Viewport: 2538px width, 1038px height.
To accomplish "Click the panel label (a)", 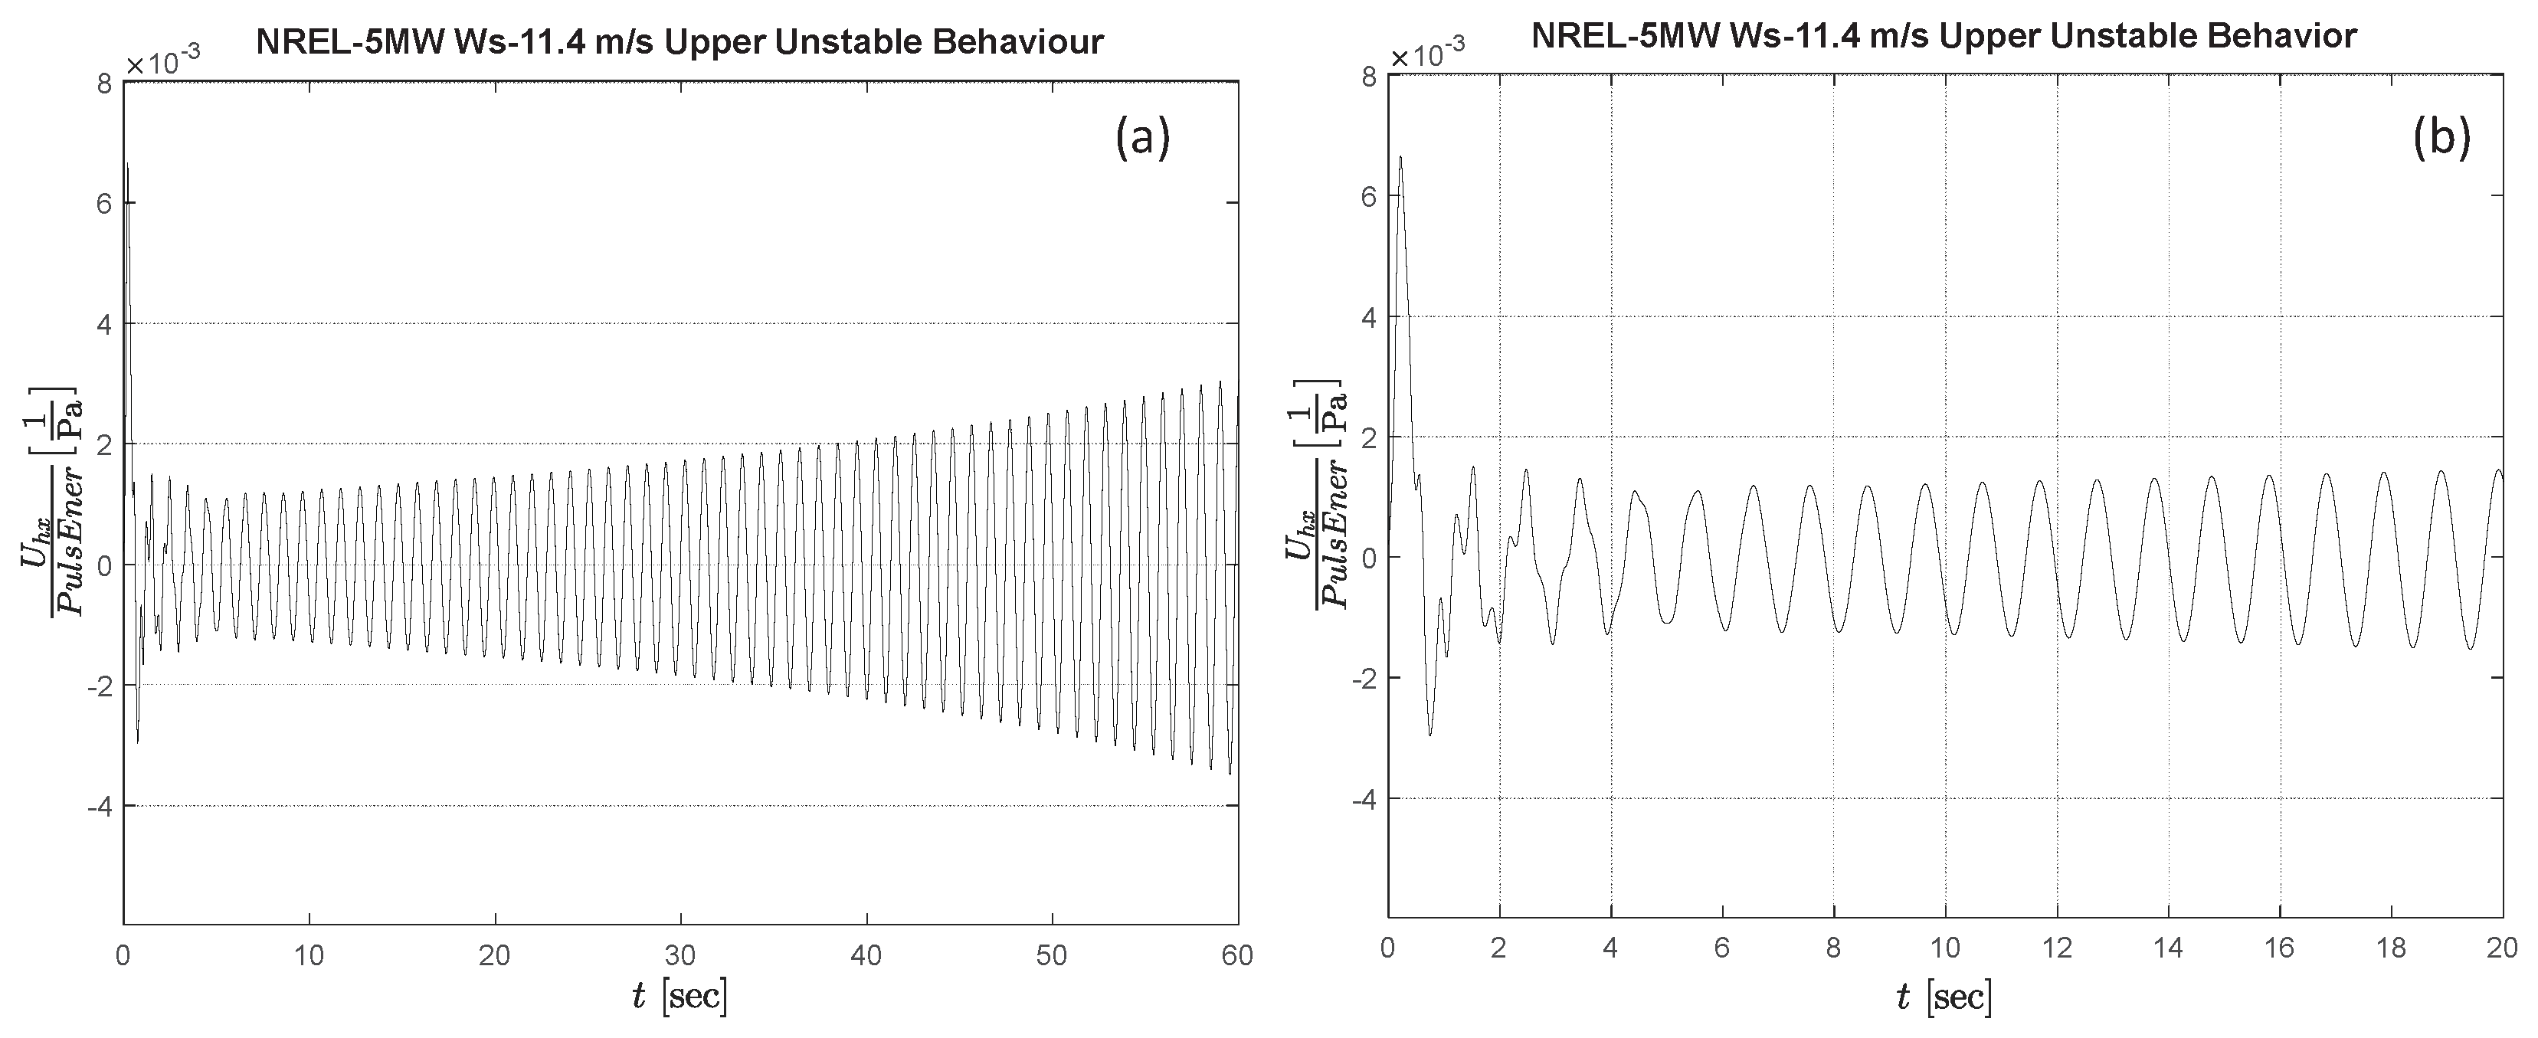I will (x=1143, y=138).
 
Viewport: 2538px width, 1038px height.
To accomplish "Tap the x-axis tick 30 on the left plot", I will (x=681, y=955).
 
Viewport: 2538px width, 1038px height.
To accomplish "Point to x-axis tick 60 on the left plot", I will (x=1236, y=955).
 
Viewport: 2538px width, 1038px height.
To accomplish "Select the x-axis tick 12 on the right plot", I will (x=2056, y=948).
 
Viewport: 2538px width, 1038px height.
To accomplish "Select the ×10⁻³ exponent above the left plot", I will (x=162, y=62).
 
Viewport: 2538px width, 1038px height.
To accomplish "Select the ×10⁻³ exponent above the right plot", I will (x=1426, y=55).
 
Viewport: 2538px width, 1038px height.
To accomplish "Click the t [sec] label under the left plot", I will (x=680, y=997).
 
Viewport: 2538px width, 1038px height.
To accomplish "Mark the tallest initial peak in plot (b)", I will (x=1400, y=156).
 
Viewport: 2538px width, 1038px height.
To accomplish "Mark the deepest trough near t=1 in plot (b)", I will (x=1430, y=734).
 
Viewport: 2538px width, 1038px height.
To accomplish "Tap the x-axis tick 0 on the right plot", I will (x=1387, y=948).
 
